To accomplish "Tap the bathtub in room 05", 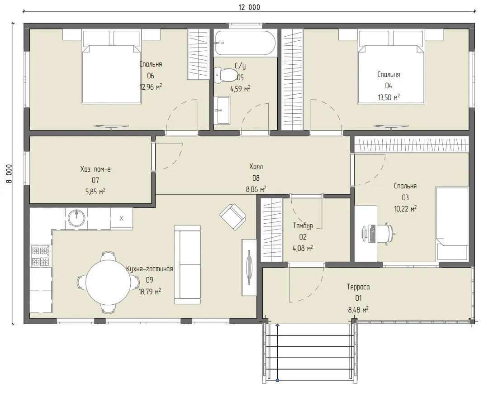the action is click(x=244, y=43).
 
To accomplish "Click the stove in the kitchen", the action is click(x=40, y=256).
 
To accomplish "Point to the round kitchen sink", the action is click(x=76, y=218).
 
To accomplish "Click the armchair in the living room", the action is click(x=233, y=216).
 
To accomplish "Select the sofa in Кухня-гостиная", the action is click(x=187, y=264).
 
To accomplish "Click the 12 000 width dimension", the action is click(x=249, y=7).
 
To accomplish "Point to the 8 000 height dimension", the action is click(x=9, y=173).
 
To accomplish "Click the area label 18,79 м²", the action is click(x=150, y=291).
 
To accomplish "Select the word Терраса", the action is click(x=358, y=287).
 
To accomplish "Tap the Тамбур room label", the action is click(x=303, y=226).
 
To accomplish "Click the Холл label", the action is click(x=256, y=166).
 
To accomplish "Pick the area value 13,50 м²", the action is click(x=389, y=97).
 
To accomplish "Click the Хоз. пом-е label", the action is click(x=95, y=169).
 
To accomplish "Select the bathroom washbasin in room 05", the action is click(x=223, y=111).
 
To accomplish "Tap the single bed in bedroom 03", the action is click(x=451, y=224).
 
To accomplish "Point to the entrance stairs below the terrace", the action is click(x=310, y=351).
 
